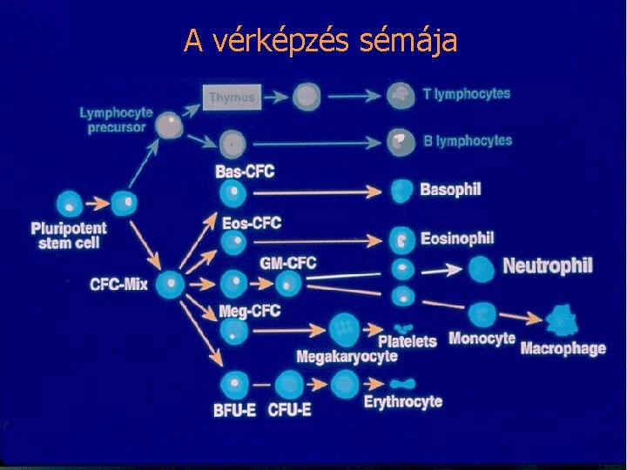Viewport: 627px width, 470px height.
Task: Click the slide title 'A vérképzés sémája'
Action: point(320,40)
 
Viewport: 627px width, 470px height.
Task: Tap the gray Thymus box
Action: point(232,97)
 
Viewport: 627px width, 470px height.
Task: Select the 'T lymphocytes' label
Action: point(467,94)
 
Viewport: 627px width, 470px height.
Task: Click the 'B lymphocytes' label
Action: point(468,140)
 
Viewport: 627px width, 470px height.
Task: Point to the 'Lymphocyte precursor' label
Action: point(116,119)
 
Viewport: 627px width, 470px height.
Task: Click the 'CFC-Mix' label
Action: point(118,284)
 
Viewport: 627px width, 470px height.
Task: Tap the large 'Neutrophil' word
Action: point(548,265)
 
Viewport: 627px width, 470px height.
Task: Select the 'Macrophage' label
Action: point(563,348)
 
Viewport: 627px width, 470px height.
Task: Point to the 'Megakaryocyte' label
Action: point(347,356)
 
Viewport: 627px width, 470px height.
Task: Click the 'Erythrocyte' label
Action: point(402,401)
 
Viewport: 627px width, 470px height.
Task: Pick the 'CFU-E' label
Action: point(290,410)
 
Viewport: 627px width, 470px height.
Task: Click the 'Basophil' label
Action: point(450,189)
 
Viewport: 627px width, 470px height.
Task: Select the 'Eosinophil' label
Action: point(456,238)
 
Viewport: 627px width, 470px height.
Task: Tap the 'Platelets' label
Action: point(408,340)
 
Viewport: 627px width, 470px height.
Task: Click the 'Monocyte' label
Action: point(482,339)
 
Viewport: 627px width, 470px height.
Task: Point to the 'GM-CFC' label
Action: point(287,262)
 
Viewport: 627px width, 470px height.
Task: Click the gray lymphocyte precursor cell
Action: point(170,126)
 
